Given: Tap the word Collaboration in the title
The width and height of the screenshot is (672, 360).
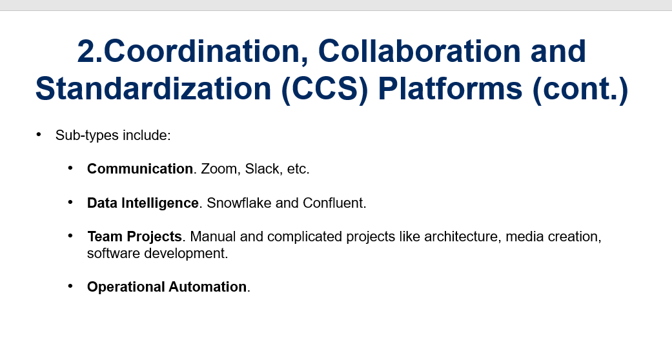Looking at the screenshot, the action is [420, 51].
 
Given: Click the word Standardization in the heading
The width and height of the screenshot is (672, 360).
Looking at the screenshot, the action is [154, 89].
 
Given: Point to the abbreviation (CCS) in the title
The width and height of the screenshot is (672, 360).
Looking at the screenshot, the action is [325, 89].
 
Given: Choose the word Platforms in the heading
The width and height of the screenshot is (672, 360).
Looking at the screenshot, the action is [450, 89].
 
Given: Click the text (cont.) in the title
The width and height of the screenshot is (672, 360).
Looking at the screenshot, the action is [580, 89].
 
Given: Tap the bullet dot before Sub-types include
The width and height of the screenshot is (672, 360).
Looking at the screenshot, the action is [39, 135].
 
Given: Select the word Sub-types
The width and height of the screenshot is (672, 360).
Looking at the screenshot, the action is [87, 135].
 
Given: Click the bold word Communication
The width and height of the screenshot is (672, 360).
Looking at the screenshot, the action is [139, 169].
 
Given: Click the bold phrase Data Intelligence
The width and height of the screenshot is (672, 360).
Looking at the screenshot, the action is [143, 203].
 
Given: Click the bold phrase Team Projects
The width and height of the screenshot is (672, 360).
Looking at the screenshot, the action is [134, 237].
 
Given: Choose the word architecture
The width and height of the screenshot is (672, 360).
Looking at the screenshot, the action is [461, 237].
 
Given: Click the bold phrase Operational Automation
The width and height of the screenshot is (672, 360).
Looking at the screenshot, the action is [167, 286].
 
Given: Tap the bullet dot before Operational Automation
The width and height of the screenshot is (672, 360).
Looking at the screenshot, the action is [71, 286].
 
